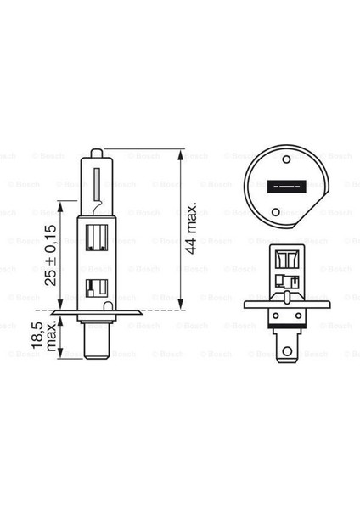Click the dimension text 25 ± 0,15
(x=53, y=255)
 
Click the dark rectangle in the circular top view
(x=278, y=187)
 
